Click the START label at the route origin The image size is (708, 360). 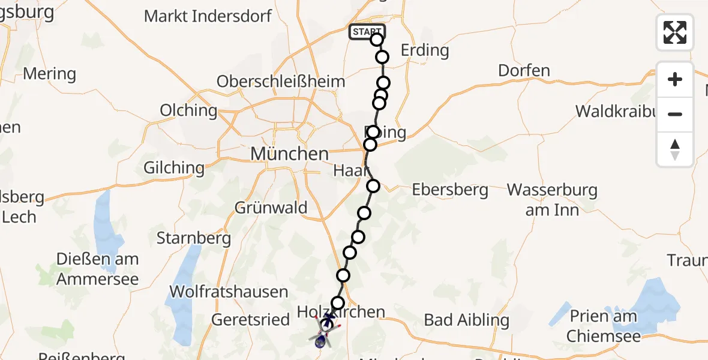pyautogui.click(x=367, y=32)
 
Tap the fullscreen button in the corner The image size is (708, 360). pyautogui.click(x=675, y=32)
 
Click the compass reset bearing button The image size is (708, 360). pyautogui.click(x=675, y=149)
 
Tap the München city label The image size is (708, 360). pyautogui.click(x=290, y=154)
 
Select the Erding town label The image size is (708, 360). pyautogui.click(x=425, y=50)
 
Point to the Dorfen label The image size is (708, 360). pyautogui.click(x=524, y=71)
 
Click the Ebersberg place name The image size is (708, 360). pyautogui.click(x=450, y=190)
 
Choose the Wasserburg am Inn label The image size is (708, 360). pyautogui.click(x=552, y=200)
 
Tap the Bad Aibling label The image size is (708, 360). pyautogui.click(x=467, y=320)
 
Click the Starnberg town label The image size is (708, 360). pyautogui.click(x=194, y=238)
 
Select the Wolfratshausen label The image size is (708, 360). pyautogui.click(x=229, y=292)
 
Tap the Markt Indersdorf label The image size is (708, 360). pyautogui.click(x=208, y=16)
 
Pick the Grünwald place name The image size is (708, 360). pyautogui.click(x=271, y=208)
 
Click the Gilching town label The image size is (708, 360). pyautogui.click(x=174, y=167)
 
